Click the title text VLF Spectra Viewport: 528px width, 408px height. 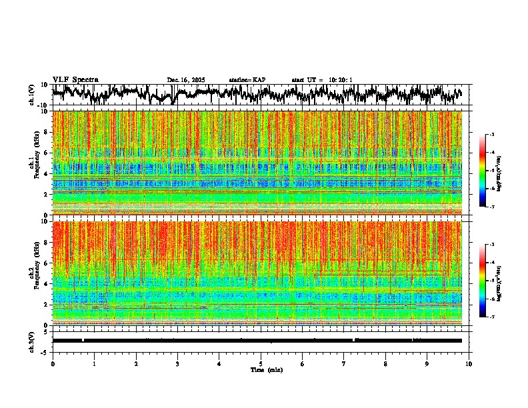pyautogui.click(x=75, y=79)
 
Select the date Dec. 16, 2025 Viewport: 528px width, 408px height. pyautogui.click(x=186, y=80)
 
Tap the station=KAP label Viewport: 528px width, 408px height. pyautogui.click(x=247, y=80)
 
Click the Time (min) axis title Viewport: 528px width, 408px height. pyautogui.click(x=266, y=370)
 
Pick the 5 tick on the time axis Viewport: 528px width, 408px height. pyautogui.click(x=261, y=363)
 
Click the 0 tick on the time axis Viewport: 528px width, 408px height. pyautogui.click(x=53, y=363)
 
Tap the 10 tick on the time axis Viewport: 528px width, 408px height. pyautogui.click(x=469, y=363)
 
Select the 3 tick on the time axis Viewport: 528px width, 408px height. pyautogui.click(x=177, y=363)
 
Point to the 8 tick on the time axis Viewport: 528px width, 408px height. pyautogui.click(x=385, y=363)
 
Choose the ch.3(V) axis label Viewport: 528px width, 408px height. pyautogui.click(x=32, y=341)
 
